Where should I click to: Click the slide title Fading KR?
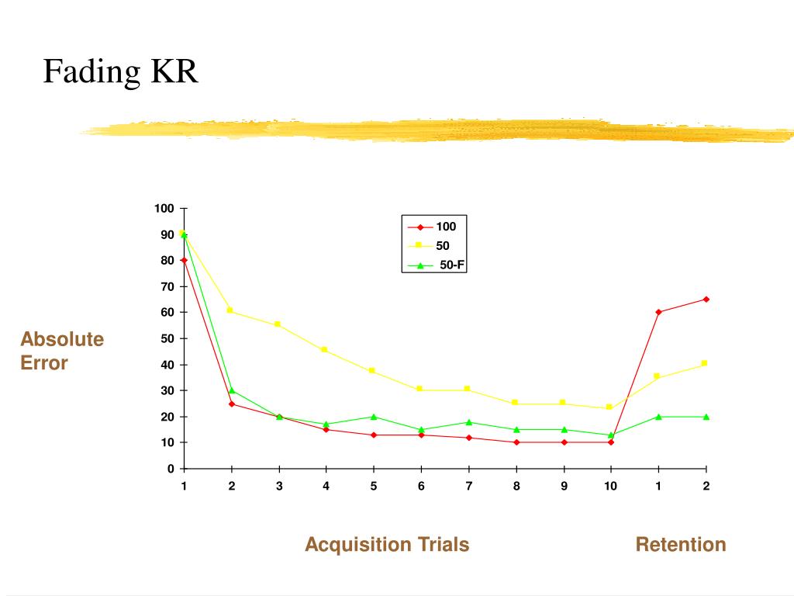(x=120, y=72)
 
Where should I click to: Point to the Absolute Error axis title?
(x=62, y=351)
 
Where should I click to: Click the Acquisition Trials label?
(x=387, y=545)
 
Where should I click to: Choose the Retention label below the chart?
(x=681, y=545)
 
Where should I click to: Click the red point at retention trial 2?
(x=706, y=299)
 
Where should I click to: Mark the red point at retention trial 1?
(x=658, y=312)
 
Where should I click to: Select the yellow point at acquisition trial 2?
(x=231, y=310)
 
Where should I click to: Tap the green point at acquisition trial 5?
(x=374, y=417)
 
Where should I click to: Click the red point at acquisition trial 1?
(x=184, y=260)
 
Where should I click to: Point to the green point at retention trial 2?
(x=706, y=417)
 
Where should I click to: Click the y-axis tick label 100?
(x=164, y=209)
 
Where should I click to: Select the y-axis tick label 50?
(x=167, y=339)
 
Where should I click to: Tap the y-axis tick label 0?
(x=170, y=469)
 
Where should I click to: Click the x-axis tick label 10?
(x=611, y=487)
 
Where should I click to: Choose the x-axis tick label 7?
(x=468, y=487)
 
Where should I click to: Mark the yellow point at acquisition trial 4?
(x=326, y=350)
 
